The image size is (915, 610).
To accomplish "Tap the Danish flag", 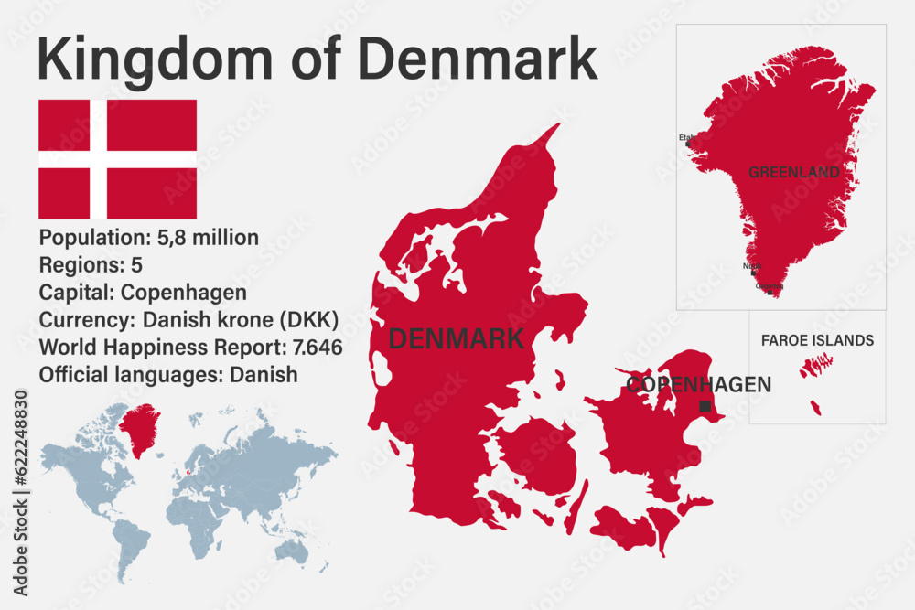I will [117, 159].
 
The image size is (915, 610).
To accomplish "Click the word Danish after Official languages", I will [264, 374].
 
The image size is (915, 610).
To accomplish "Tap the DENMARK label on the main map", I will [456, 339].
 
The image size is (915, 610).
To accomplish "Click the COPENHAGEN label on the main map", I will [698, 385].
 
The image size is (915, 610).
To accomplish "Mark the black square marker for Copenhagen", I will [705, 406].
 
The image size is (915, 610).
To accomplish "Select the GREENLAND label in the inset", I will [793, 172].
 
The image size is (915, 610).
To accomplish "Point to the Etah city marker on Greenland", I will [688, 144].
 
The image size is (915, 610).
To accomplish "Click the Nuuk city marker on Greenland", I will [753, 273].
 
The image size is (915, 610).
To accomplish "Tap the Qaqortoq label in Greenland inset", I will [770, 286].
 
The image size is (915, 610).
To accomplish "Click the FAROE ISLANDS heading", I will [817, 341].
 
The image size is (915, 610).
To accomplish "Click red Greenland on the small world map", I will [139, 428].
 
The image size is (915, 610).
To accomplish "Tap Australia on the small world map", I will [292, 550].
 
